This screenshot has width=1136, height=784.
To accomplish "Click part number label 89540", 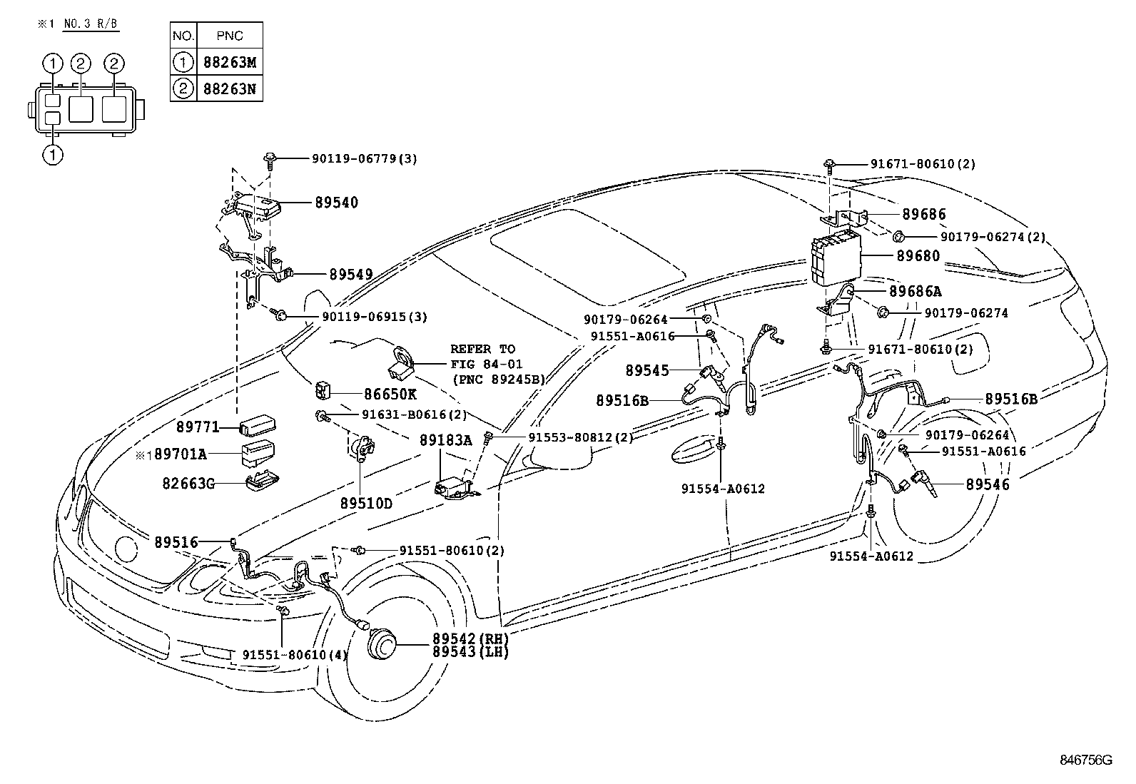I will click(336, 203).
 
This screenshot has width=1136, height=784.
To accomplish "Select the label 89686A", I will click(915, 291).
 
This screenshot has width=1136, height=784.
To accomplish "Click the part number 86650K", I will click(390, 394).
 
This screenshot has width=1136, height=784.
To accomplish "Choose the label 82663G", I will click(189, 484).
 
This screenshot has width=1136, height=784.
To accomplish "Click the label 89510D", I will click(366, 504).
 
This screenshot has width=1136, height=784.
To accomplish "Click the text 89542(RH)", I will click(470, 638).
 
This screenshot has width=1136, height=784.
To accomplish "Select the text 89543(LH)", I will click(470, 652).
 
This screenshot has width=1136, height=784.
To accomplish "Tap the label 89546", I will click(988, 484).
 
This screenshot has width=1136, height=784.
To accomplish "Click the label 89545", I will click(647, 370).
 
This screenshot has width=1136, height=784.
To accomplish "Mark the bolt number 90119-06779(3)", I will click(364, 159).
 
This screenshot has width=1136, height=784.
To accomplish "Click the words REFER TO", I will click(482, 349).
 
